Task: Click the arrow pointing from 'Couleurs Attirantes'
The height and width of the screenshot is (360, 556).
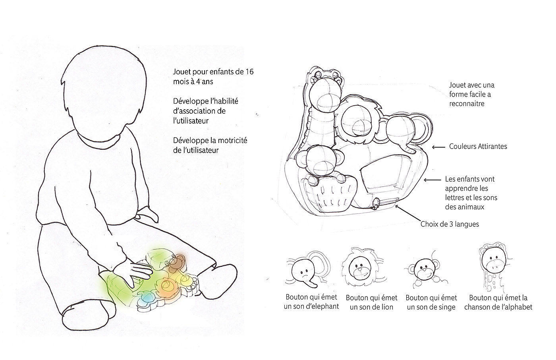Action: (x=438, y=147)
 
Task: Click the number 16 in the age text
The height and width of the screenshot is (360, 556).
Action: (x=249, y=72)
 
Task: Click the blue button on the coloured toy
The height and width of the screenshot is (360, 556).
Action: (x=147, y=297)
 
